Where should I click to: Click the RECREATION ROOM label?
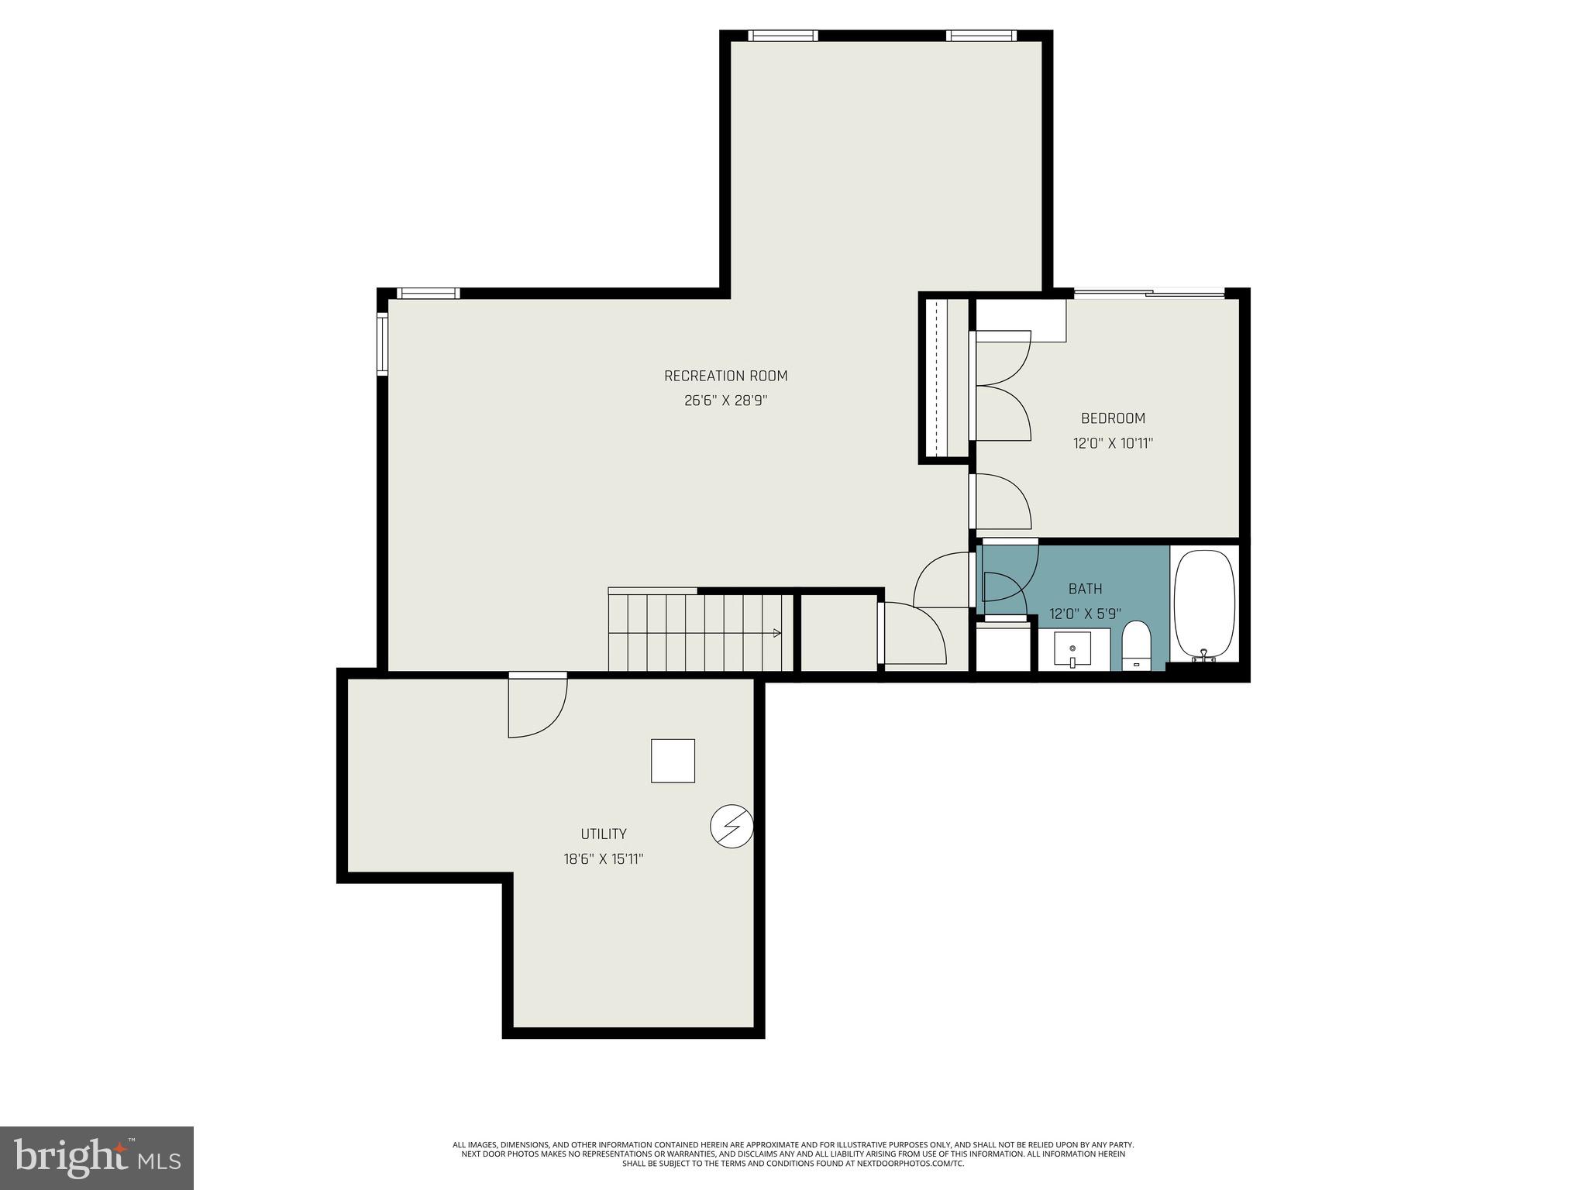click(x=725, y=376)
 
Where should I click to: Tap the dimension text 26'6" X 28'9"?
click(x=725, y=401)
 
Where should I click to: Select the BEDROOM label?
click(x=1113, y=418)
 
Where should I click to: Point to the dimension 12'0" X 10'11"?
click(x=1113, y=444)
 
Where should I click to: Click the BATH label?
click(x=1085, y=589)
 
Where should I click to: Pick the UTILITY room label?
click(x=604, y=834)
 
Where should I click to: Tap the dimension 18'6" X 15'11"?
click(x=604, y=859)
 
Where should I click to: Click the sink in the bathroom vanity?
click(x=1072, y=649)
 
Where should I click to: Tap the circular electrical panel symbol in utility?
click(x=732, y=827)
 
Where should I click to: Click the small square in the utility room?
click(x=673, y=761)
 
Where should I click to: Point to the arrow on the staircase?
click(x=776, y=633)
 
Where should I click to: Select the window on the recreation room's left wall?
click(x=382, y=343)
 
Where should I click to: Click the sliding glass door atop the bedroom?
click(x=1148, y=293)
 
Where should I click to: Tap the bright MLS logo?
click(x=96, y=1158)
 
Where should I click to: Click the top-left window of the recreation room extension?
click(x=783, y=36)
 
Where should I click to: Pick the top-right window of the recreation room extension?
click(x=981, y=36)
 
